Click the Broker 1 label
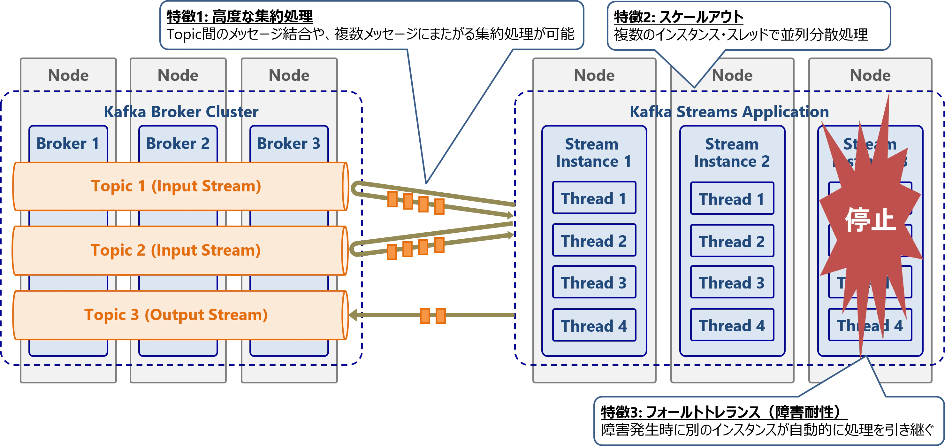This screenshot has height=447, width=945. pos(68,143)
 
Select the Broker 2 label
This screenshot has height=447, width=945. pos(178,143)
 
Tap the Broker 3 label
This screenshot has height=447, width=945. pos(289,143)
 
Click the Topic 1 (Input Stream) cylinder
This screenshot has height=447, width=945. pos(176,186)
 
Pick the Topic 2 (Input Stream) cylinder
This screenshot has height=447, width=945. pos(176,250)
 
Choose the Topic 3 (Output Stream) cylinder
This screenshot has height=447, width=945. pos(176,315)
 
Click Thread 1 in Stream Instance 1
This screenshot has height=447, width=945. pos(594,198)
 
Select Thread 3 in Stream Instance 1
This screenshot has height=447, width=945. pos(594,282)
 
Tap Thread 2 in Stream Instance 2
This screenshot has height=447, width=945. pos(732,241)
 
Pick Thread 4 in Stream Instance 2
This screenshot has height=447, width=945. pos(732,325)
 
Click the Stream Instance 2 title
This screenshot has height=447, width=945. pos(732,153)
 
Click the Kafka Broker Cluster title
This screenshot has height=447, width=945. pos(181,112)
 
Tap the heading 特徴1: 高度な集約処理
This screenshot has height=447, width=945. pos(240,17)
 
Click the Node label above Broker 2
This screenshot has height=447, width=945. pos(178,75)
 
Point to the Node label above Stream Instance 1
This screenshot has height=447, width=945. pos(594,75)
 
